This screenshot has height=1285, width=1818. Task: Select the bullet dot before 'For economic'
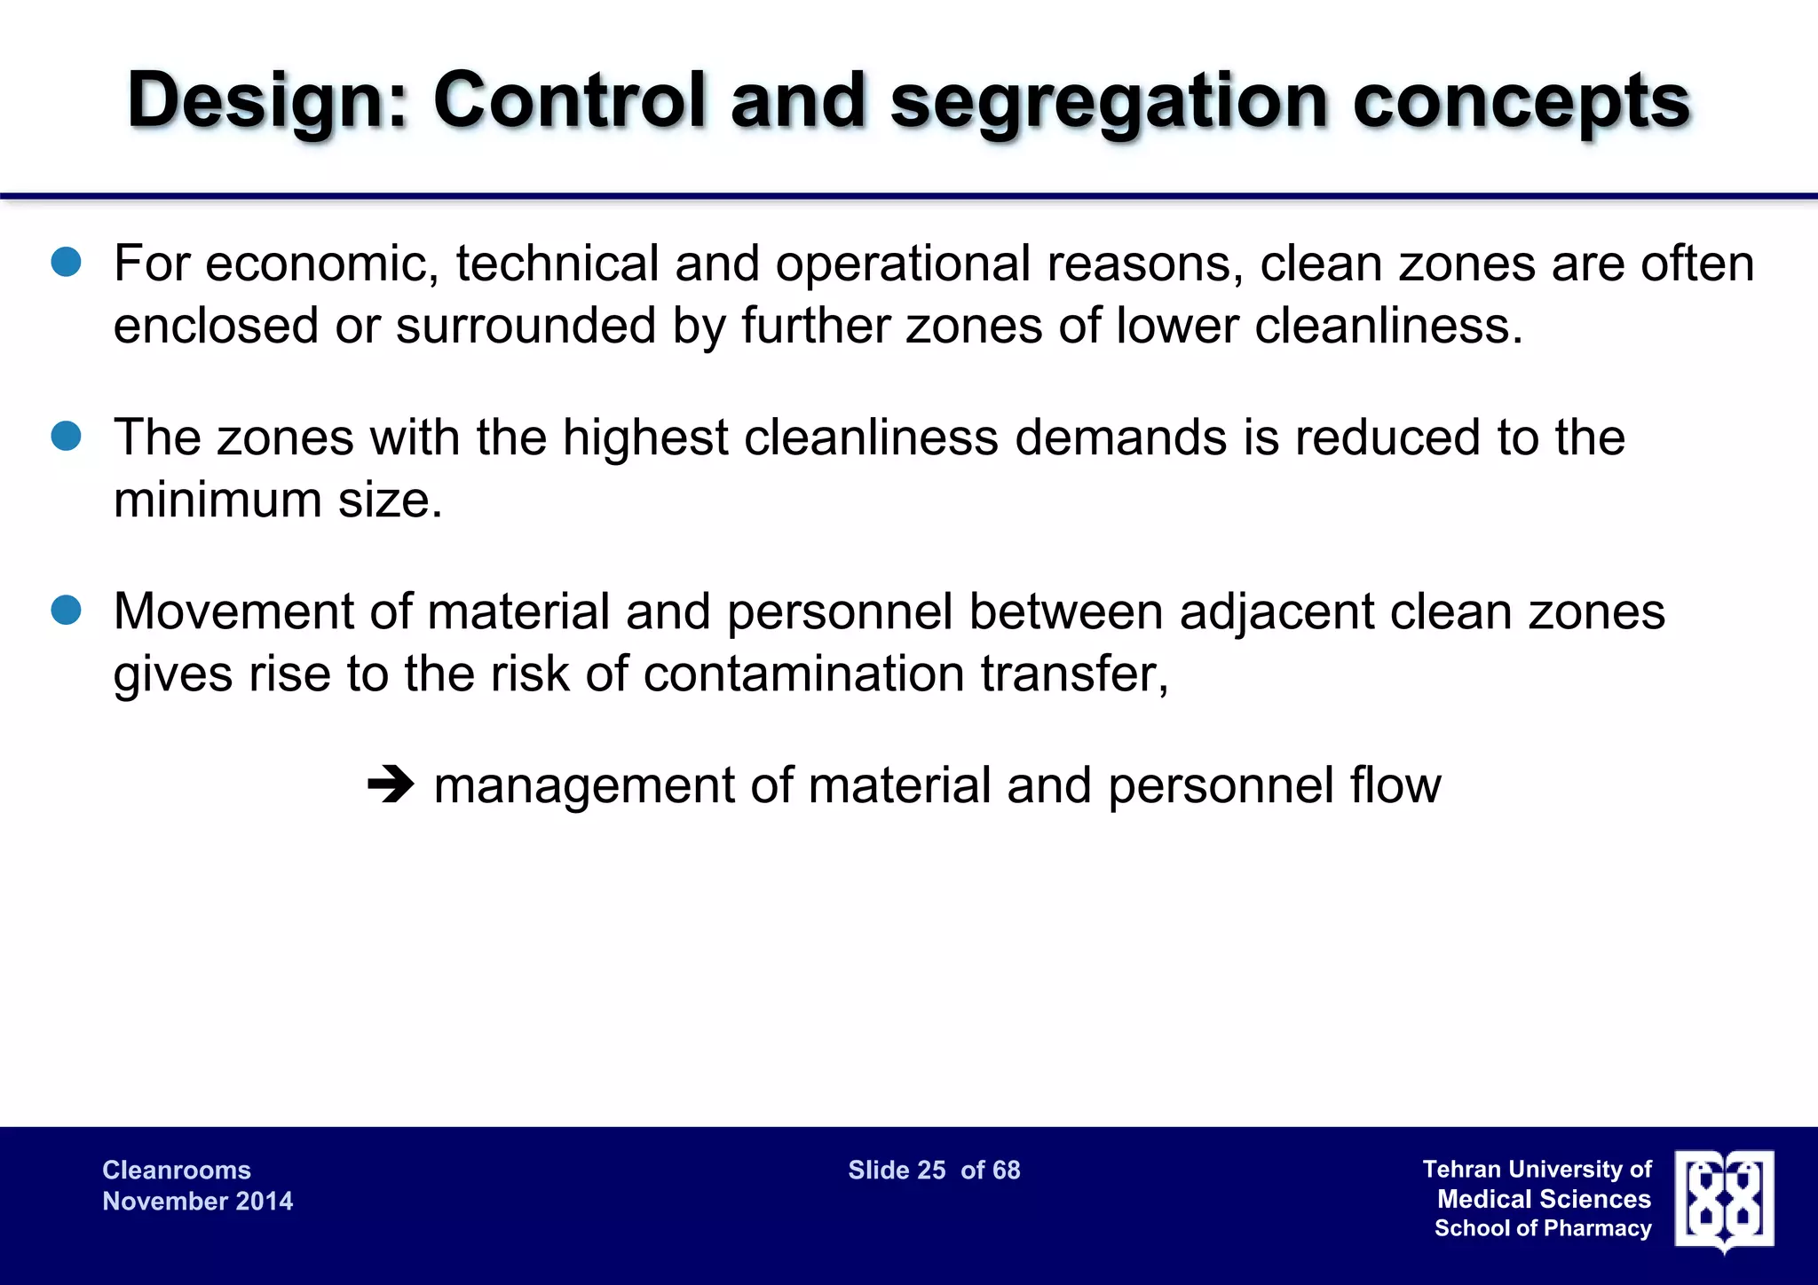[67, 262]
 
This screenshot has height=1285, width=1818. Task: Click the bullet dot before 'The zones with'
[67, 436]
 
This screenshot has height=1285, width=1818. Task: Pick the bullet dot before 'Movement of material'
[67, 610]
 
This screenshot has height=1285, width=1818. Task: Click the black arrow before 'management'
[391, 784]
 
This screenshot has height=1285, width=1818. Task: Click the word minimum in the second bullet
[217, 500]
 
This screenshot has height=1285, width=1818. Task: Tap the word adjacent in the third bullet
[1276, 611]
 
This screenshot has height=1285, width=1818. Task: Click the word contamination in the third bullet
[803, 674]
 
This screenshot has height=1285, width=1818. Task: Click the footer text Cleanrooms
[177, 1170]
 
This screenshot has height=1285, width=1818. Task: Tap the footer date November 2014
[197, 1201]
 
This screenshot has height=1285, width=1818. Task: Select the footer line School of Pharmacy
[1542, 1228]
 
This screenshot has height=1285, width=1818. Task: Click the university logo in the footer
[1724, 1200]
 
